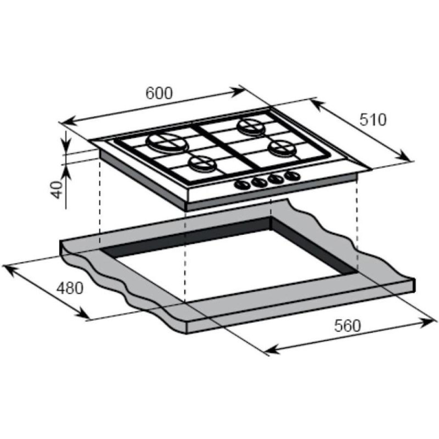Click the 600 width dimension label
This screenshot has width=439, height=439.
159,93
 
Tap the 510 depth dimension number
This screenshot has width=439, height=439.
373,119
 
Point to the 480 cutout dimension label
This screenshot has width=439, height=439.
70,288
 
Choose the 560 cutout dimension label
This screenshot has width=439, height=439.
347,326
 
